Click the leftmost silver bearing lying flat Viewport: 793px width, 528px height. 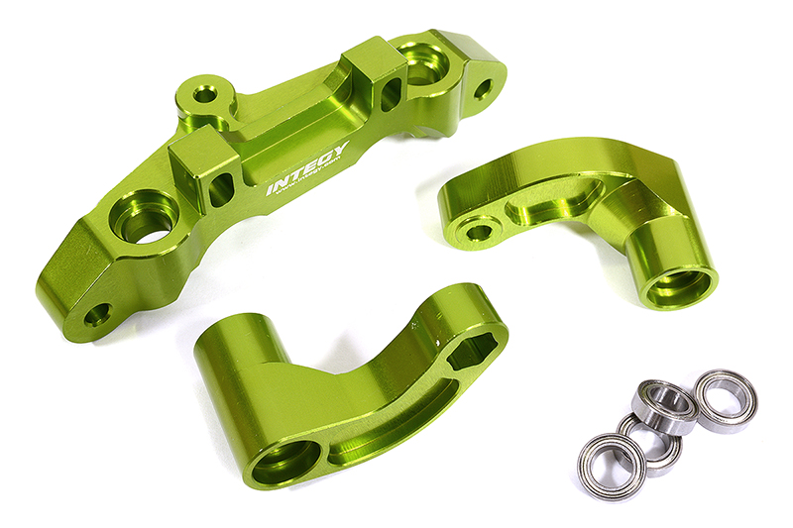613,466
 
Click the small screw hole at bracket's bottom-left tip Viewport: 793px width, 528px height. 96,317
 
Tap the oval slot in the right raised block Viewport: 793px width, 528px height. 390,94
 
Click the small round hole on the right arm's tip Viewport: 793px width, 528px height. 478,232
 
